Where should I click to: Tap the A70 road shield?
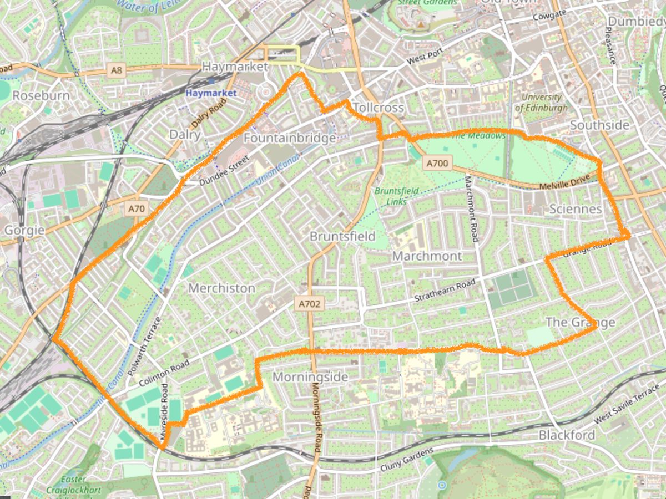(136, 209)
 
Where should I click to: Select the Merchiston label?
(221, 288)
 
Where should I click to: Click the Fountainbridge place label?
(290, 138)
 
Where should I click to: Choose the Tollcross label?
(377, 107)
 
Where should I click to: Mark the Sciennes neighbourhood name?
(575, 208)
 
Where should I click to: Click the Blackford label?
(567, 435)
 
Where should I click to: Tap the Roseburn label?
(41, 95)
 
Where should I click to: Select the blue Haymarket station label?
(210, 93)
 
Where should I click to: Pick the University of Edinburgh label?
(541, 103)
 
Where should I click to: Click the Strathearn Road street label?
(445, 291)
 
